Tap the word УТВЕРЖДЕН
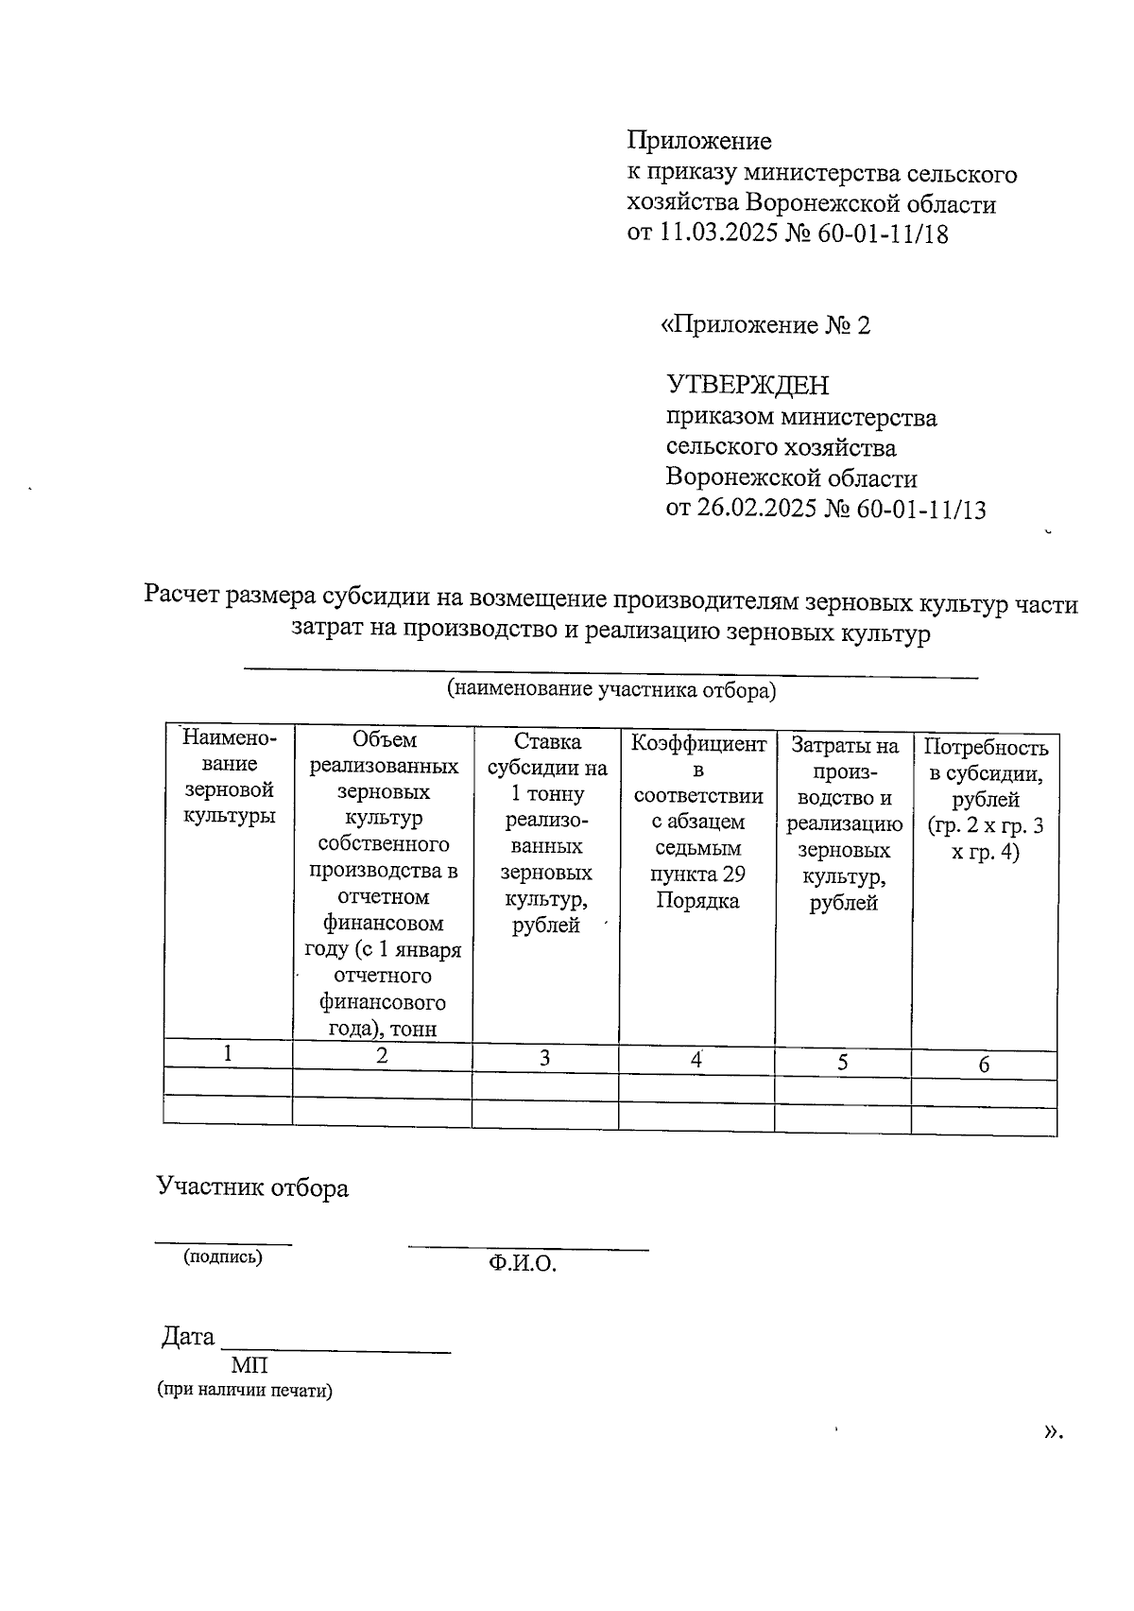747,386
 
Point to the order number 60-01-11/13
921,510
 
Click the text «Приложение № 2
765,326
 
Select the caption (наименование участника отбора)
610,690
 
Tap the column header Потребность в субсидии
985,800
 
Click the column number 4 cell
696,1060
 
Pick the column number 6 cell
984,1065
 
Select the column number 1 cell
228,1053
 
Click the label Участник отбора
252,1188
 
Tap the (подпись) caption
223,1256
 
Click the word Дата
188,1337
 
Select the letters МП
249,1365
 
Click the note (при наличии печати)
245,1391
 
